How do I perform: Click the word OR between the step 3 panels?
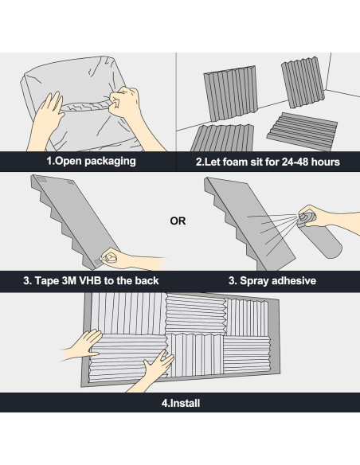coord(178,221)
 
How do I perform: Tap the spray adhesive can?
coord(319,235)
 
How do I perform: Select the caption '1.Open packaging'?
coord(91,161)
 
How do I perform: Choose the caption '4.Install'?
coord(181,403)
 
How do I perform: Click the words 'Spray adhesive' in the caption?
coord(278,281)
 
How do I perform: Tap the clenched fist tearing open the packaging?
coord(123,101)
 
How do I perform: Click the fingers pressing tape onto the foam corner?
coord(109,257)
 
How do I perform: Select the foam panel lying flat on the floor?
coord(302,131)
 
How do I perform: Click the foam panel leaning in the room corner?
coord(303,82)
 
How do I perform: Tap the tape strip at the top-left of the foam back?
coord(41,179)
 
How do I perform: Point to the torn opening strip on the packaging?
coord(85,107)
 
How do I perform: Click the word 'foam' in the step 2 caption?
coord(233,162)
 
